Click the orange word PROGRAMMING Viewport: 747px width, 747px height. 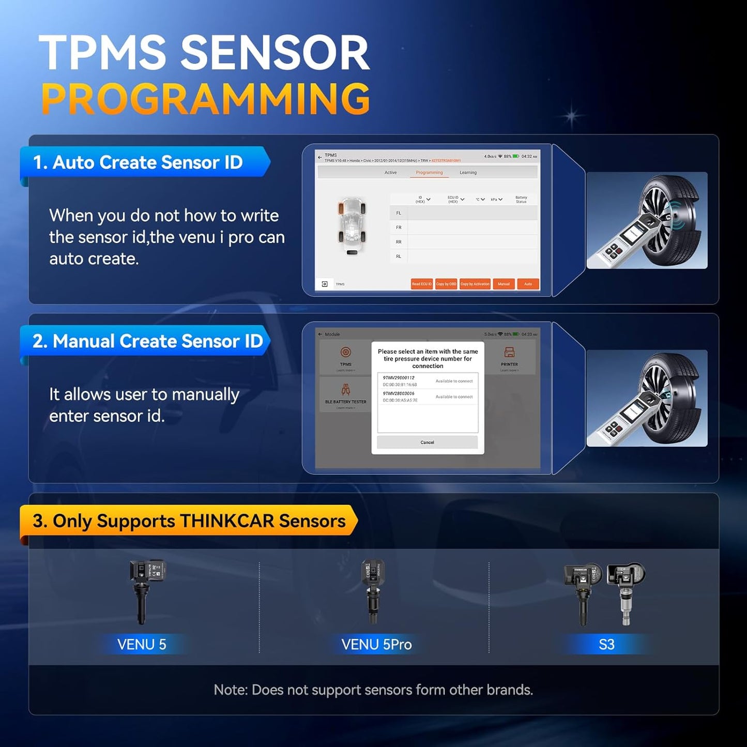click(205, 99)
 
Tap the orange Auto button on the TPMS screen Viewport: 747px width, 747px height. click(528, 284)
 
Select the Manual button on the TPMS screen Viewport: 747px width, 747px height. click(504, 284)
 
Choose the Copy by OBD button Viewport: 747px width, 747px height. click(446, 284)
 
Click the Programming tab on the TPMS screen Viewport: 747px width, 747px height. click(429, 173)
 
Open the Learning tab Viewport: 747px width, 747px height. click(468, 173)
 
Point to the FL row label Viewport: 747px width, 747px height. click(399, 213)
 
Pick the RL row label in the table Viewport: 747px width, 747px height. click(399, 256)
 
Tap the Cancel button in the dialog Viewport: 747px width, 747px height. click(427, 443)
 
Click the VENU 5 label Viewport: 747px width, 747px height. click(142, 645)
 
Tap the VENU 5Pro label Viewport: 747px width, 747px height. click(376, 645)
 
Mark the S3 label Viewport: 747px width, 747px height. click(606, 645)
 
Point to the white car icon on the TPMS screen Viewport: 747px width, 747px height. click(352, 226)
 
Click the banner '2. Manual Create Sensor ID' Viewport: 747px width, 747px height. click(147, 341)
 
